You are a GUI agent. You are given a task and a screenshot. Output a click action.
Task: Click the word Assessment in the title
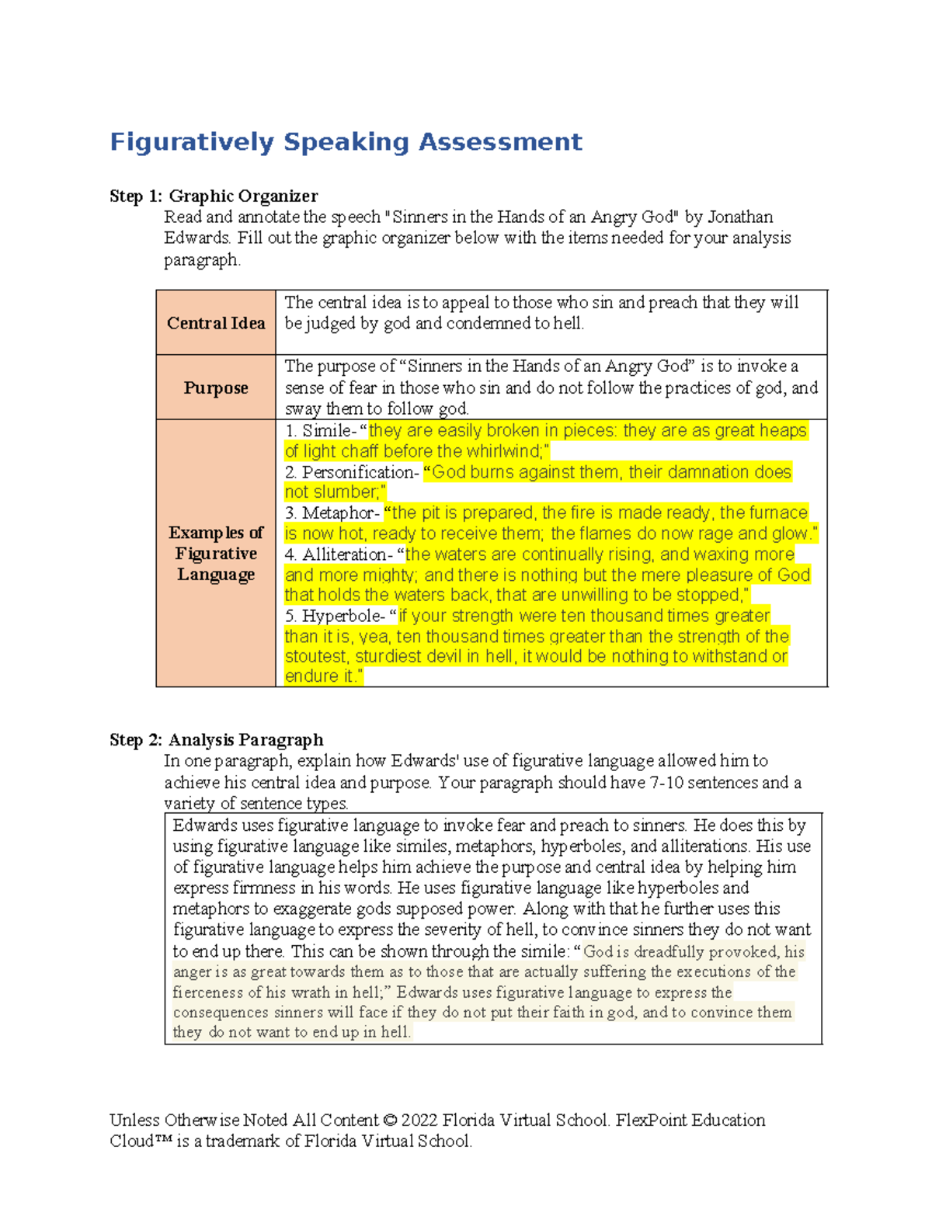click(500, 142)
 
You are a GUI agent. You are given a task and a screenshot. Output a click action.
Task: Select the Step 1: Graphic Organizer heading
click(214, 196)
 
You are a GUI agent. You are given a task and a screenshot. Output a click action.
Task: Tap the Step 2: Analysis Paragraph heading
click(216, 739)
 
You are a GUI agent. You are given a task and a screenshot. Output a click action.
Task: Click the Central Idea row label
click(216, 323)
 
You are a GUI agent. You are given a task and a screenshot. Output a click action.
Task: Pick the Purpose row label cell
click(216, 388)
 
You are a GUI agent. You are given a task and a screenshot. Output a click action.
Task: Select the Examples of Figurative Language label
click(216, 553)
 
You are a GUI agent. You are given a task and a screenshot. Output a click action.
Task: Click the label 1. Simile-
click(322, 431)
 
